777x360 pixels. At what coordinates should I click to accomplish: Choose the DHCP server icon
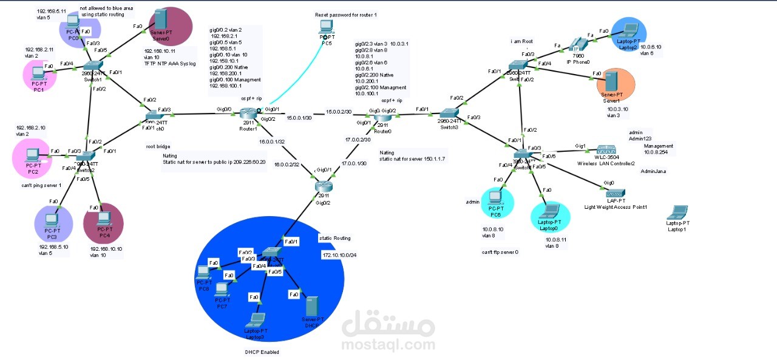312,306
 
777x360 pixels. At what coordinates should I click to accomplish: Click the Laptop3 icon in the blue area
257,319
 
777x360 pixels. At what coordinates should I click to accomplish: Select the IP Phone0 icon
574,44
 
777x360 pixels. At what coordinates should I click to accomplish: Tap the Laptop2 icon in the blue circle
628,30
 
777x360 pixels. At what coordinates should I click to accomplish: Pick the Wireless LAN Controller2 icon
606,150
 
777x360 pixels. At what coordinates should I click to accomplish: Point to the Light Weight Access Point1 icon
615,193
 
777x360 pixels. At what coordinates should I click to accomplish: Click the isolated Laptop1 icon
677,213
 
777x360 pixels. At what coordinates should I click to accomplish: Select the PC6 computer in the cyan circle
494,197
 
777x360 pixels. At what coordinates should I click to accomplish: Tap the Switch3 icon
449,113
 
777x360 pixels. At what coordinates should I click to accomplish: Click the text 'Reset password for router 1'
342,14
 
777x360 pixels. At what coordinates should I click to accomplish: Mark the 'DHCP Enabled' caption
262,352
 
